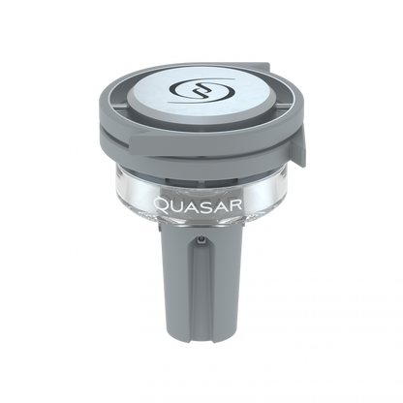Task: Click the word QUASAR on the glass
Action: [x=201, y=204]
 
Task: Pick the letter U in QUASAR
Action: [x=177, y=204]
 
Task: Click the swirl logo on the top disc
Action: [x=201, y=95]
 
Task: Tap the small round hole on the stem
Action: [x=201, y=235]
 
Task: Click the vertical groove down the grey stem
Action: [x=201, y=281]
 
